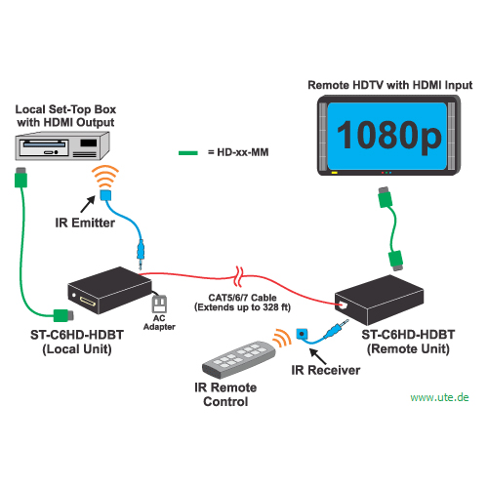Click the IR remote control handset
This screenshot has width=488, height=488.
click(x=239, y=359)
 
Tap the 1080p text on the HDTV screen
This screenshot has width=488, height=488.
click(x=389, y=136)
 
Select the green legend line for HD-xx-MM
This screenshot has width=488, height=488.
click(x=188, y=153)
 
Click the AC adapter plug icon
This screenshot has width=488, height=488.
click(x=159, y=304)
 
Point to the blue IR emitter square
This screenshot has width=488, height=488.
click(x=105, y=195)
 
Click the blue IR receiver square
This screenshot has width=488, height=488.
click(x=302, y=334)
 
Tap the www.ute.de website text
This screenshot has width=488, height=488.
click(x=439, y=397)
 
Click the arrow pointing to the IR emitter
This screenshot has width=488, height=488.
click(x=88, y=204)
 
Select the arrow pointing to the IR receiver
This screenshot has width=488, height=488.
click(x=317, y=356)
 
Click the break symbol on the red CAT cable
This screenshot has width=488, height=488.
click(x=239, y=276)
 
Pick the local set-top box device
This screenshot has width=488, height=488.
click(x=62, y=145)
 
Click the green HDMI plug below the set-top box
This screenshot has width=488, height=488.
click(x=20, y=178)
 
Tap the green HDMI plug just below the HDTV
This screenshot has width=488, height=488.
click(x=386, y=197)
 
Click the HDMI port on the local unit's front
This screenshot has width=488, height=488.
click(x=88, y=302)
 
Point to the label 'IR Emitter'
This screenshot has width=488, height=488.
click(x=85, y=223)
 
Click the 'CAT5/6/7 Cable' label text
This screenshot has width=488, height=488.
click(x=242, y=298)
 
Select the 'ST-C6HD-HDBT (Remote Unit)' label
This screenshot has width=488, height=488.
click(x=408, y=342)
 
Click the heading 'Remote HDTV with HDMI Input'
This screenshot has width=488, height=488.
click(x=390, y=85)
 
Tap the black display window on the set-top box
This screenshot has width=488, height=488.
click(x=89, y=142)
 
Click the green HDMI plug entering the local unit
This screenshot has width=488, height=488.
click(x=63, y=315)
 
